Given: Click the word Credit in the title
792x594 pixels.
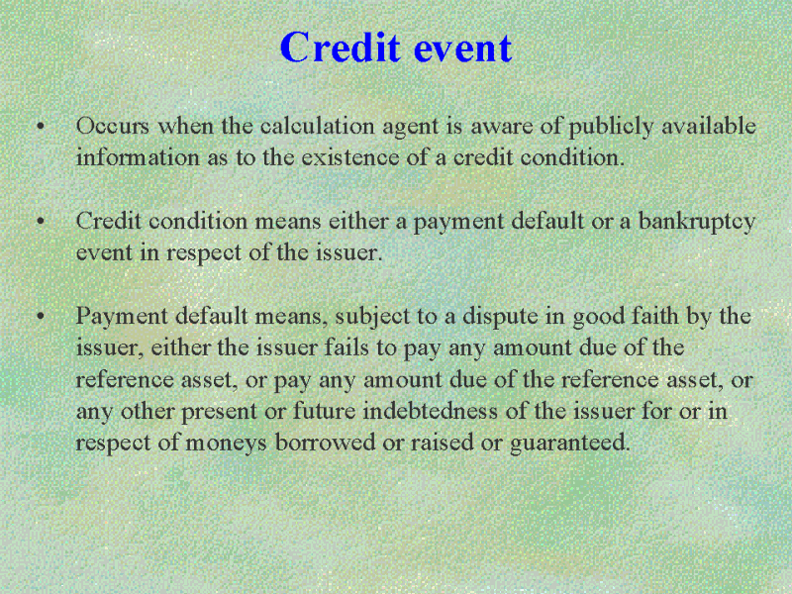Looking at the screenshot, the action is (340, 47).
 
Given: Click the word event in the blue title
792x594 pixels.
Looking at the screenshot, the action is (462, 49).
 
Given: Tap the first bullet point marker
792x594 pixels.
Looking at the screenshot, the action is (41, 126).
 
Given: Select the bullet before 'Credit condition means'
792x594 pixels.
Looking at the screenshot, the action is (41, 221).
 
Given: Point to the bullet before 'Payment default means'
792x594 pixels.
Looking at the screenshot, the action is (41, 316).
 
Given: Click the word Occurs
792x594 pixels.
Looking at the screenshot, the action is (113, 126).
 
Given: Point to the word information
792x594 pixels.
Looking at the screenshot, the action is (138, 157).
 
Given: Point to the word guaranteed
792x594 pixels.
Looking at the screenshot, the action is (570, 444).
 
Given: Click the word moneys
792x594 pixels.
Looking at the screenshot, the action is (226, 444).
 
